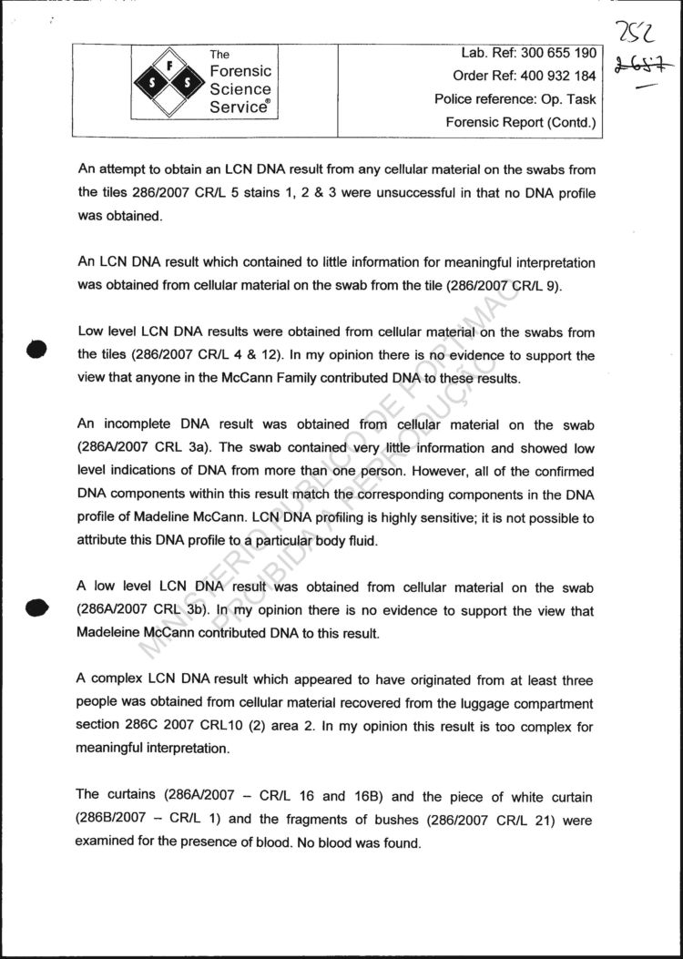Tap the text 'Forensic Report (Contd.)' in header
[x=521, y=122]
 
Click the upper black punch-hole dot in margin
[x=36, y=349]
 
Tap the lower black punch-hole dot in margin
[x=36, y=607]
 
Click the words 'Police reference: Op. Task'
[x=515, y=99]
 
